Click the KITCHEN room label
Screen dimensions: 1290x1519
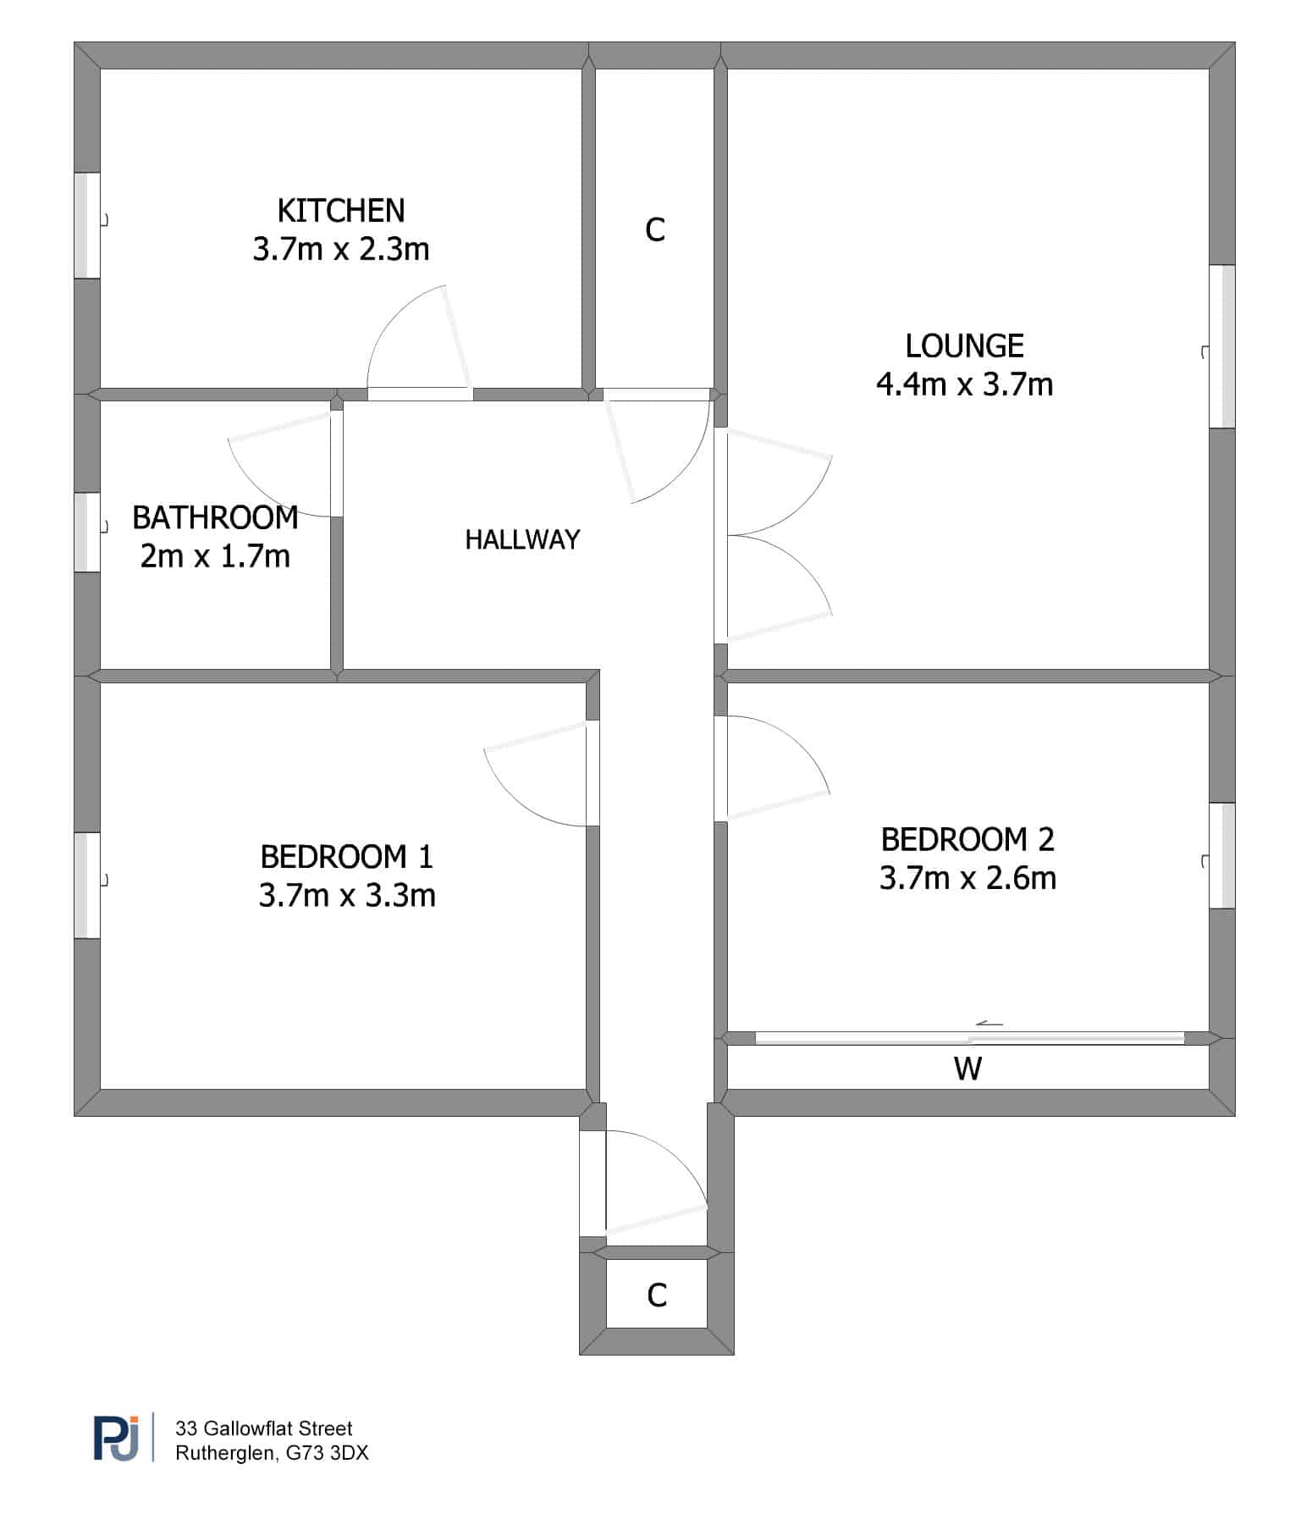coord(341,210)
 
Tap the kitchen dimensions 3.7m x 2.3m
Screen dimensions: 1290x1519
coord(341,249)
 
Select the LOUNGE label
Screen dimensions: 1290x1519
coord(965,345)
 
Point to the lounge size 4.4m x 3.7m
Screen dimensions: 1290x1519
coord(965,384)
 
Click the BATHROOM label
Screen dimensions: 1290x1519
coord(215,517)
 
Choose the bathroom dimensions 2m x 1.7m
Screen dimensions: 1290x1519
coord(215,556)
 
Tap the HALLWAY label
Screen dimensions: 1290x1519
coord(522,539)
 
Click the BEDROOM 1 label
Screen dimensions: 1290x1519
coord(347,857)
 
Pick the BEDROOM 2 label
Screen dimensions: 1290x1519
coord(968,839)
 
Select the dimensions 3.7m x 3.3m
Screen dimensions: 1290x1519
coord(347,895)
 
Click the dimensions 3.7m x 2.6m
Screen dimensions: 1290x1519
coord(968,878)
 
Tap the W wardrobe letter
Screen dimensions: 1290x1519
coord(968,1069)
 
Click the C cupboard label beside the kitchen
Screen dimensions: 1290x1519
coord(655,229)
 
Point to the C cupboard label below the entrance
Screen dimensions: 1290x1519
coord(657,1295)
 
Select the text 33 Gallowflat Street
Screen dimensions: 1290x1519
coord(264,1428)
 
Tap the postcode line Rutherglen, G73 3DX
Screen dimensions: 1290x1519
coord(272,1453)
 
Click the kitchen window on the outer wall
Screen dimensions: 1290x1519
coord(87,225)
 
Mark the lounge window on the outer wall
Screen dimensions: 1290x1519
coord(1221,346)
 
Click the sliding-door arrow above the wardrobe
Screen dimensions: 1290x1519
coord(990,1024)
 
